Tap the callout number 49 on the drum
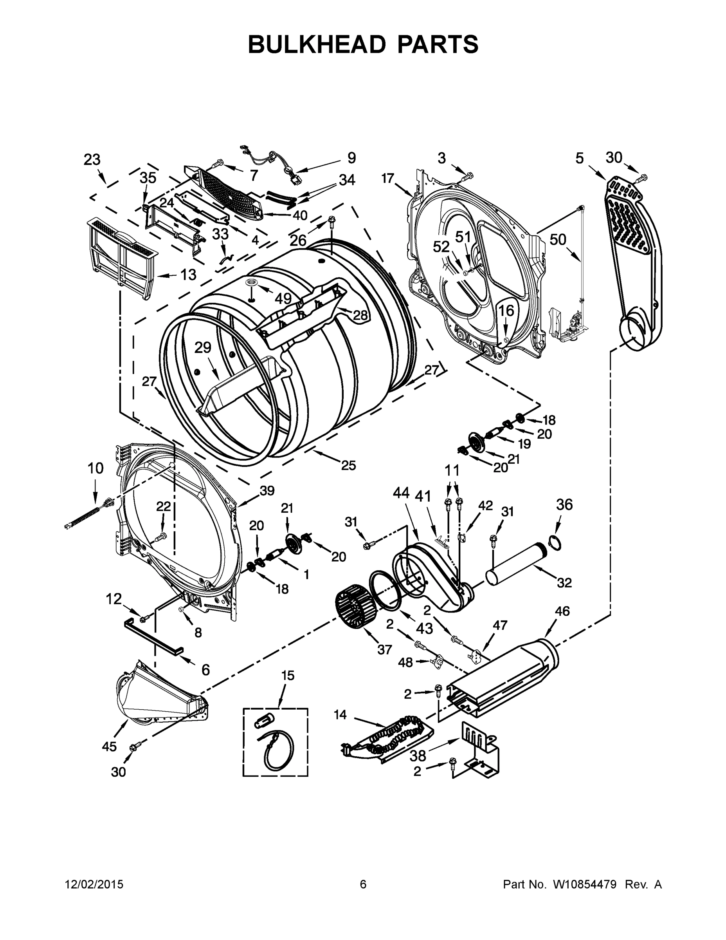[283, 298]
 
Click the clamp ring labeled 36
[555, 544]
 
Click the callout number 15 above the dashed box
[288, 675]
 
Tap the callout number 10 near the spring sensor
[95, 468]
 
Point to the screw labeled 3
[466, 176]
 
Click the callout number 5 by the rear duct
[580, 158]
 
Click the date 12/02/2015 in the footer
[94, 884]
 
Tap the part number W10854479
[585, 884]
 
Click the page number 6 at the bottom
[363, 884]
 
